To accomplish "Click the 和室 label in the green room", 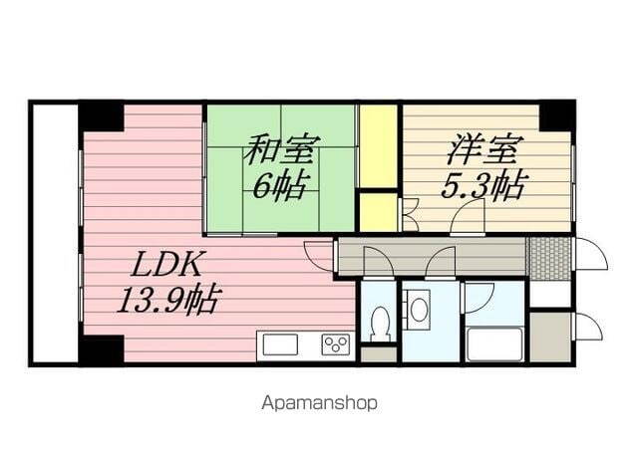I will point(281,152).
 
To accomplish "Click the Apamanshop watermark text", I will point(319,404).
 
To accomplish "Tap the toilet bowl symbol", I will point(379,321).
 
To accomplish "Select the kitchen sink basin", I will point(278,345).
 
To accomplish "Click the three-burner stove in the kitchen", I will point(335,345).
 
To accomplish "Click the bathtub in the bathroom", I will point(494,343).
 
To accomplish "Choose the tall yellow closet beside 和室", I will point(378,145).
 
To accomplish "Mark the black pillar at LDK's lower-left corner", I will point(102,350).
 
